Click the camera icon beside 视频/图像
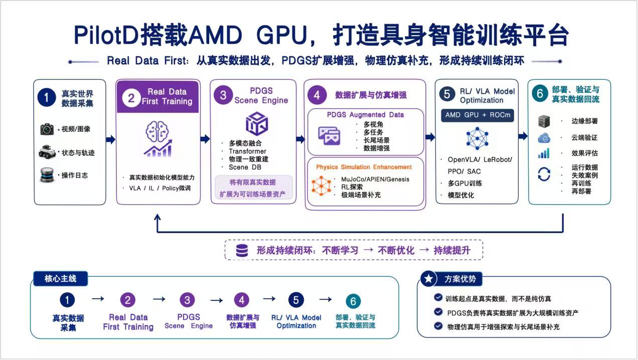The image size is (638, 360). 47,129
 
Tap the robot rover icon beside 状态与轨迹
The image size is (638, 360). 47,151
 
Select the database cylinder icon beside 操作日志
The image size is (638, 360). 47,175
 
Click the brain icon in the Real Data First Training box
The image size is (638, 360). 157,131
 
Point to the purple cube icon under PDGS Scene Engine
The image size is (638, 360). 257,124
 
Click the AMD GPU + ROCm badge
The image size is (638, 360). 477,115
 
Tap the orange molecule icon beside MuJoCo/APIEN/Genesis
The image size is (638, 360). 322,186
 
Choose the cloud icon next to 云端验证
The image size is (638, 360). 544,138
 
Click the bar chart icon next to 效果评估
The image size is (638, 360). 544,153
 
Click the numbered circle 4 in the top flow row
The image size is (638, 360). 316,95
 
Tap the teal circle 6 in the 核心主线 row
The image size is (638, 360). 353,301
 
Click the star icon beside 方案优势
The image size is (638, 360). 428,279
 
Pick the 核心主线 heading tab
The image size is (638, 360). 60,279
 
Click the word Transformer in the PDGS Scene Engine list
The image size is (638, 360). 247,151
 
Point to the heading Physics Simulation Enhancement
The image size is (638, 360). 364,167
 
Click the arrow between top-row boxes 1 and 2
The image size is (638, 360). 111,139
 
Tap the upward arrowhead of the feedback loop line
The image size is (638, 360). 157,218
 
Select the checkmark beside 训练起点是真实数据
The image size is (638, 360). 438,298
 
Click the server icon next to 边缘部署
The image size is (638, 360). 544,121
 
